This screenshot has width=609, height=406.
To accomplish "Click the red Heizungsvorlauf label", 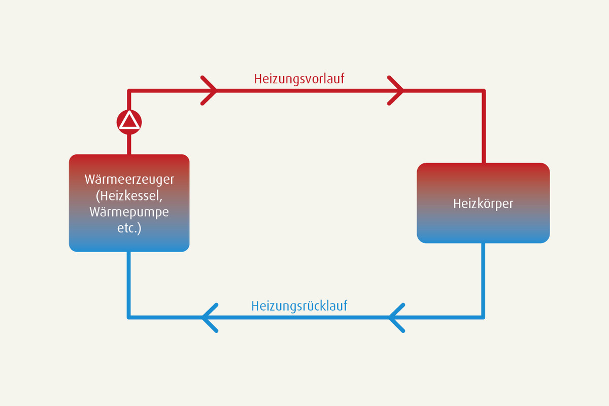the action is (x=299, y=79).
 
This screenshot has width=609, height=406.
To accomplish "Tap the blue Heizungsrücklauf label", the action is (x=299, y=306).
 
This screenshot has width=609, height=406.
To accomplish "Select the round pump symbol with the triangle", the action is (x=129, y=122).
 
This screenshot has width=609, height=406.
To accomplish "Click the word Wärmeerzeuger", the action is (x=129, y=180).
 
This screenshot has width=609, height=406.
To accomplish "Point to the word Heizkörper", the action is (x=483, y=204).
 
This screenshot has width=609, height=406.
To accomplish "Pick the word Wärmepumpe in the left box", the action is (x=129, y=212).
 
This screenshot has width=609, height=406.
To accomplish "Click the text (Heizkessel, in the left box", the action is (x=129, y=196).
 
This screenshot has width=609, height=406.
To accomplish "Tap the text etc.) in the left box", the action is (x=129, y=228).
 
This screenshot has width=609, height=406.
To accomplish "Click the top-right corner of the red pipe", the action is (x=484, y=90).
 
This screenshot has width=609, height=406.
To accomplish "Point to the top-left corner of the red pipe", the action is (x=129, y=90).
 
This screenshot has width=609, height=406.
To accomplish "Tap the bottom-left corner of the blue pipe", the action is (x=129, y=317).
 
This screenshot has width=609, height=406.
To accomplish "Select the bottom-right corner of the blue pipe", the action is (x=483, y=317).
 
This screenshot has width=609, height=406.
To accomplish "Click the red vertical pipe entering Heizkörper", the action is (x=484, y=126).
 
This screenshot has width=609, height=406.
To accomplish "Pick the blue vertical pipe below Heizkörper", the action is (x=483, y=281).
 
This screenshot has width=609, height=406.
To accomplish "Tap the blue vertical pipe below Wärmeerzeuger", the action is (x=129, y=285).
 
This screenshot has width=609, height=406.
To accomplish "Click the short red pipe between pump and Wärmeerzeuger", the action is (x=129, y=145).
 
